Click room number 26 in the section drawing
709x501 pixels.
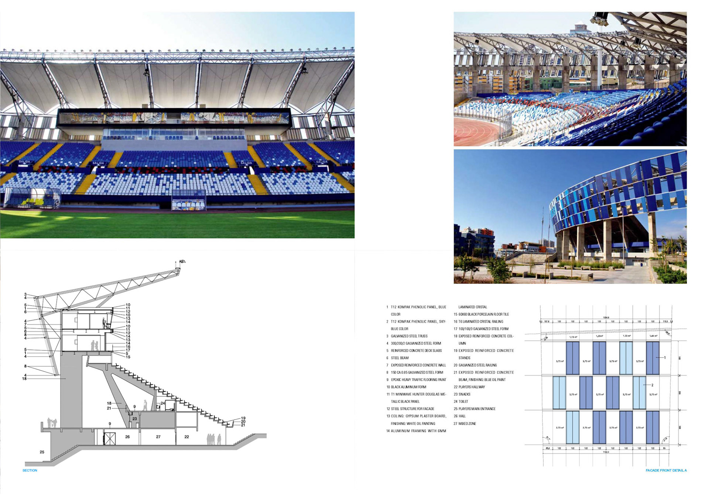pos(127,437)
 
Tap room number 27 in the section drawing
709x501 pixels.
pos(158,437)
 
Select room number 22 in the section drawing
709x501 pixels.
pos(186,437)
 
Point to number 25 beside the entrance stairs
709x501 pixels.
pos(42,452)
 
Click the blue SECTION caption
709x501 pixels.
pos(30,470)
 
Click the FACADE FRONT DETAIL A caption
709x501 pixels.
pos(666,470)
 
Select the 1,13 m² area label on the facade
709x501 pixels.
pos(573,337)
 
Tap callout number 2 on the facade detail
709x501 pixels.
pos(653,385)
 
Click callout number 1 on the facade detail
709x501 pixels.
pos(665,357)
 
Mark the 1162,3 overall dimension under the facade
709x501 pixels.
pos(606,452)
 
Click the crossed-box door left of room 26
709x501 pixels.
pos(109,439)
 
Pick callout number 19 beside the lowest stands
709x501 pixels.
pos(243,418)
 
